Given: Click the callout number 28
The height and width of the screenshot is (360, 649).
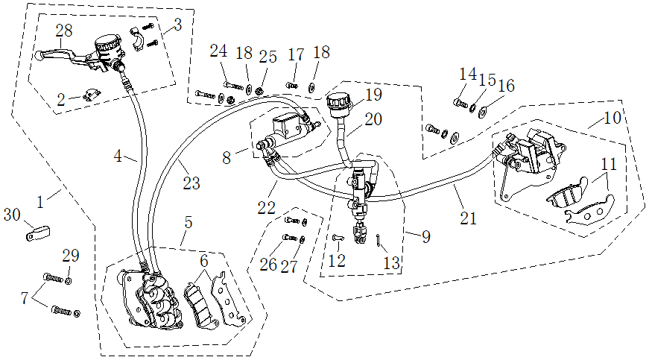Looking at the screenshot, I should tap(64, 30).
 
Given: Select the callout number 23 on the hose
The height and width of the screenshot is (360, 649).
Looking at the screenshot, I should tap(191, 183).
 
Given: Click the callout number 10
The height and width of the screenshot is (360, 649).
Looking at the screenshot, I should tap(612, 119).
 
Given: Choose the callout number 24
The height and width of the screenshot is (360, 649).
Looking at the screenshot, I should tap(218, 51).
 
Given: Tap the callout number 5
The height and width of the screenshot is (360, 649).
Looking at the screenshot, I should tap(189, 222).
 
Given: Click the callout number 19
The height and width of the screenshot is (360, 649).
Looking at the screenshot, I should tap(373, 95).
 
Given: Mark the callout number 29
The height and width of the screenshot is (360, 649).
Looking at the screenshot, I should tap(70, 256).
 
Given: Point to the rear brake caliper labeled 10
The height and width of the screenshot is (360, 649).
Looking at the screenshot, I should tap(531, 153).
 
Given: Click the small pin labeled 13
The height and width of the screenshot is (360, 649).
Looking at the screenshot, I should tap(380, 239).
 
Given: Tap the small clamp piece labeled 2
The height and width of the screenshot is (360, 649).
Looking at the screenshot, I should tap(93, 94).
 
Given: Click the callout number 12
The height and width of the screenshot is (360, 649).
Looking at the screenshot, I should tap(337, 262).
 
